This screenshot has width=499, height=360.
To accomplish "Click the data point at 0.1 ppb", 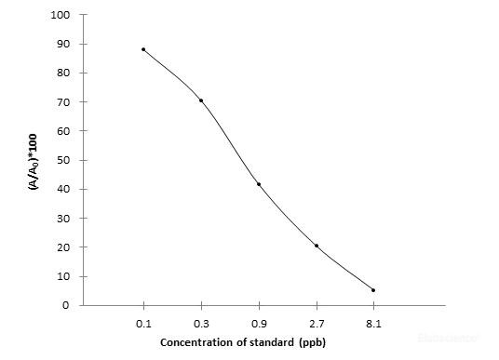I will [143, 49].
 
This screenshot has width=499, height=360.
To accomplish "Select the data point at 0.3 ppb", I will [201, 100].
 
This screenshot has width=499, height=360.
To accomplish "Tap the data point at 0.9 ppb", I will [259, 184].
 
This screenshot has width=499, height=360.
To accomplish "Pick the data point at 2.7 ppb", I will [317, 246].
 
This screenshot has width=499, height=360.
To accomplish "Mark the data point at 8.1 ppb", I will [373, 290].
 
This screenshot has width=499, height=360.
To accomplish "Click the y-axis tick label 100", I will [61, 15].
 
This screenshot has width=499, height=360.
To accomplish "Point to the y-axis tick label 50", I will [64, 160].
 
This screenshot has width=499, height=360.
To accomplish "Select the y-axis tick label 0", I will [67, 305].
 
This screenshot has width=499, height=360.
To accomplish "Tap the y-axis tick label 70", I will [64, 102].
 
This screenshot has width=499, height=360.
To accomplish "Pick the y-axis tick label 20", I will [64, 247].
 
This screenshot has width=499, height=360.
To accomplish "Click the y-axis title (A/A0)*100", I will [34, 160].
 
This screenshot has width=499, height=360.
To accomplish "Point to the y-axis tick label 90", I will [64, 44].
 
